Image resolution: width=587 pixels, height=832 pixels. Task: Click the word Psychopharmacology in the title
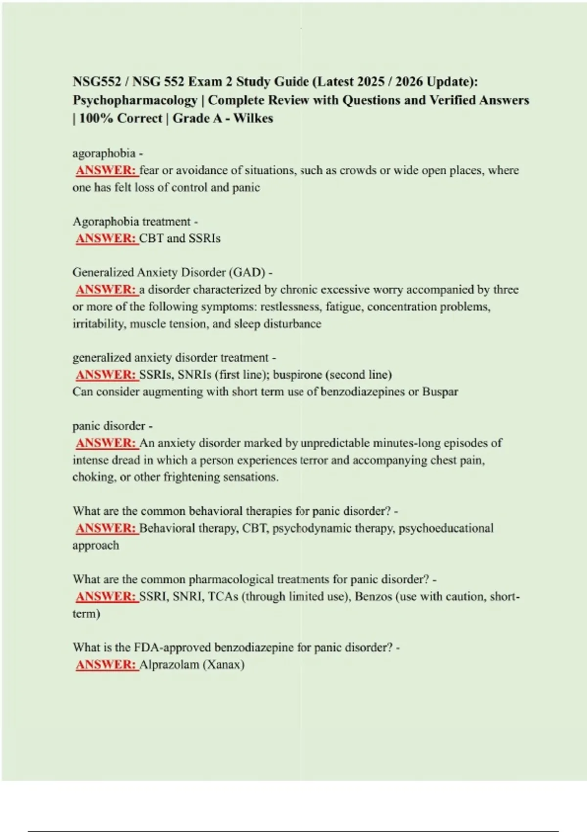[135, 100]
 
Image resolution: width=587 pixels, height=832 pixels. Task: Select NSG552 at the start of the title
[97, 82]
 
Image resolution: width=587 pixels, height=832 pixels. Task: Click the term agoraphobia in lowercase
[104, 153]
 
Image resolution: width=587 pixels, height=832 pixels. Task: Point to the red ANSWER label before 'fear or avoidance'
[106, 170]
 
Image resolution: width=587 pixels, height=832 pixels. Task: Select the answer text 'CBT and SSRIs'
[180, 238]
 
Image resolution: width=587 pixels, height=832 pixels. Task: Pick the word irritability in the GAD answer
[98, 324]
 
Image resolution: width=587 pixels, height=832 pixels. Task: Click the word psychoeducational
[446, 529]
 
